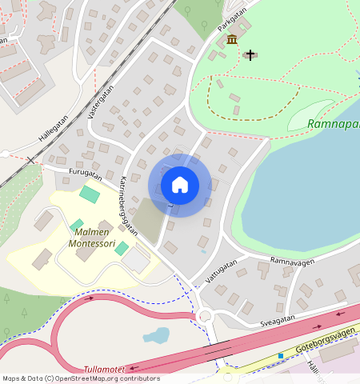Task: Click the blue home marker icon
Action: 180,185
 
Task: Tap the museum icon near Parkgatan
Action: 232,40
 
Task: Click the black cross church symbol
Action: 250,54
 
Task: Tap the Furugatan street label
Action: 86,173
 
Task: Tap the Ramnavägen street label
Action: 291,261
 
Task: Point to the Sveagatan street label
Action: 277,318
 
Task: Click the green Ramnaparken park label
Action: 334,124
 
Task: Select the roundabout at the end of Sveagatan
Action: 206,314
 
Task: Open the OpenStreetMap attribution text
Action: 81,378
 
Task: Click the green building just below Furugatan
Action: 90,194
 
